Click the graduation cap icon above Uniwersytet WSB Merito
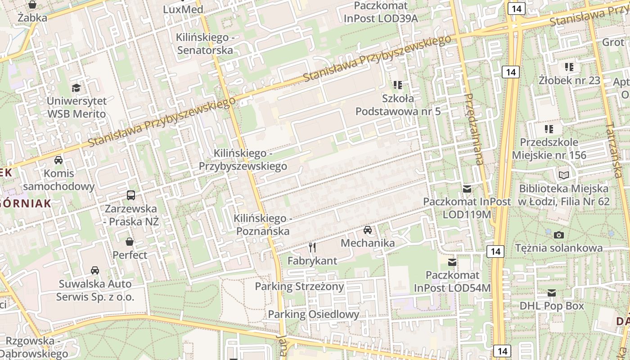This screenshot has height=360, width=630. [x=76, y=87]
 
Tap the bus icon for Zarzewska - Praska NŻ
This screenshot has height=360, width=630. [x=131, y=195]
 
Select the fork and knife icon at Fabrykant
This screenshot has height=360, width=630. [x=312, y=247]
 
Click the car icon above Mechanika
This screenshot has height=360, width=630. [x=368, y=230]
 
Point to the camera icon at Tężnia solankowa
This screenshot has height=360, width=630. [x=559, y=235]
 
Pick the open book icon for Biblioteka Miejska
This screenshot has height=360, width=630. [x=563, y=175]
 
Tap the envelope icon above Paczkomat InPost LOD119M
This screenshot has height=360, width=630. [x=467, y=189]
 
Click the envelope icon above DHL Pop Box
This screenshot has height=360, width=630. [x=552, y=293]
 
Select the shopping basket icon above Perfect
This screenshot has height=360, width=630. [x=130, y=242]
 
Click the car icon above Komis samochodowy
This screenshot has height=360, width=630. [x=58, y=160]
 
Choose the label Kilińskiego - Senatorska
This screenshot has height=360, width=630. [x=205, y=44]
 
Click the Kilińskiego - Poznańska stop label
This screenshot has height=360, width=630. [x=261, y=225]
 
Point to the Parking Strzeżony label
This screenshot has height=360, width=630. [x=299, y=286]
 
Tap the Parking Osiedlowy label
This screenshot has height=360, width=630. [x=314, y=314]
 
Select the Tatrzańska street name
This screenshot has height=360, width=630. [x=613, y=150]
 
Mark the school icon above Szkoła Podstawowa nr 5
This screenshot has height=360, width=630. [x=398, y=85]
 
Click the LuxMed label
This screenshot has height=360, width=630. [x=183, y=9]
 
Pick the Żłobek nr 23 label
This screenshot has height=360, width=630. [x=569, y=80]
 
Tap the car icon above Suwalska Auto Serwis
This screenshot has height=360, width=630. [x=95, y=270]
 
